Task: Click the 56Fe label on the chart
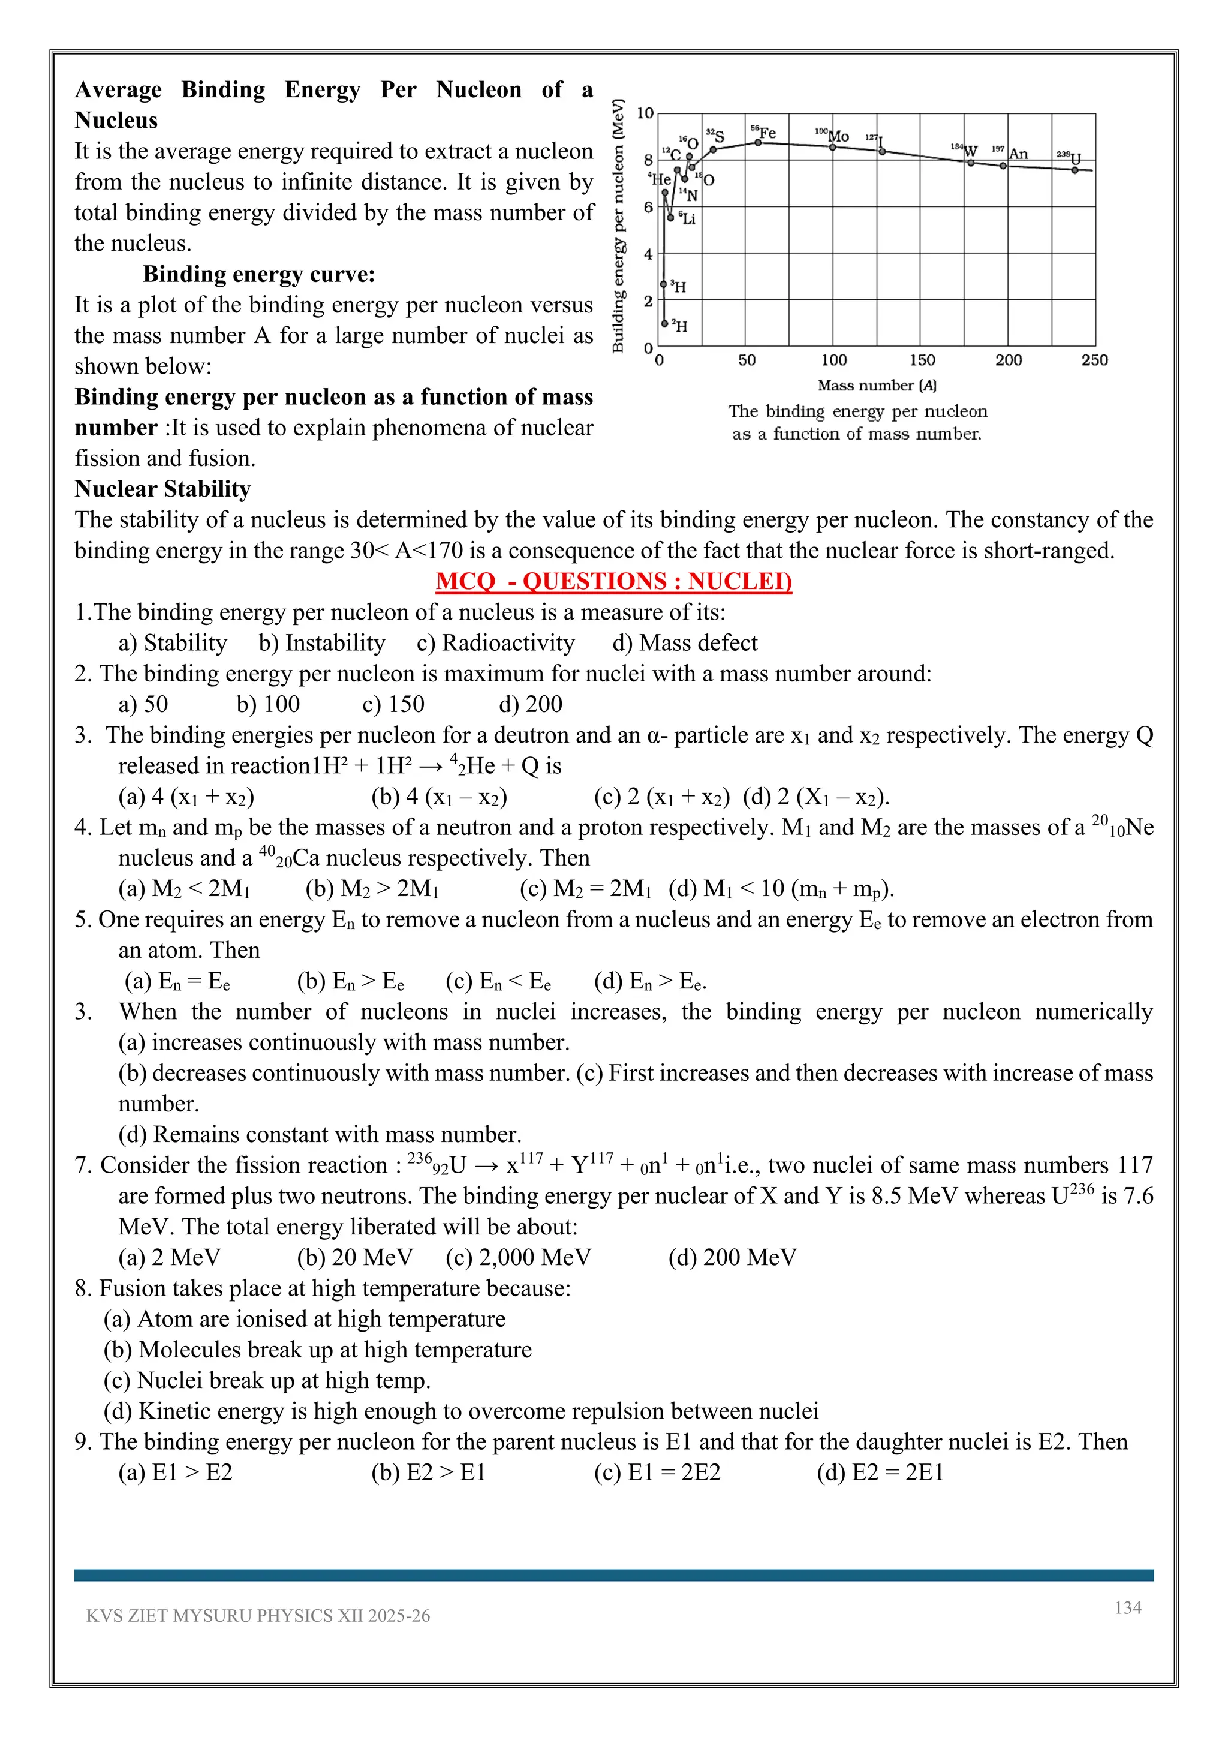pos(764,133)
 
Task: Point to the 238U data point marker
pos(1074,170)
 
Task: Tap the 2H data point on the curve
pos(664,324)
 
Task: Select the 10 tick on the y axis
pos(645,113)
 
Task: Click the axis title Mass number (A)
pos(877,385)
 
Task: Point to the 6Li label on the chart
pos(687,219)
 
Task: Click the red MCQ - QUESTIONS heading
pos(613,581)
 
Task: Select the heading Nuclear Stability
pos(162,489)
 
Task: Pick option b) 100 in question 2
pos(267,704)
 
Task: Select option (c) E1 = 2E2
pos(657,1472)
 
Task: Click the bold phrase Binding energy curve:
pos(258,274)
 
